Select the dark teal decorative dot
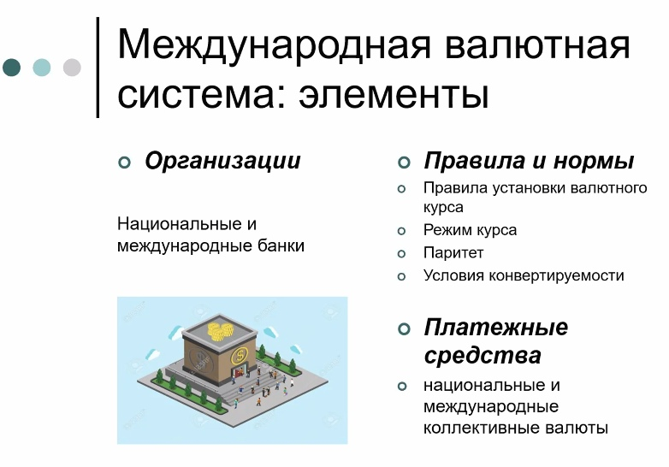(x=11, y=68)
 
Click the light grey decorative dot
(x=72, y=68)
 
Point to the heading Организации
(x=222, y=161)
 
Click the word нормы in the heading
(x=594, y=161)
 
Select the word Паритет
(x=453, y=253)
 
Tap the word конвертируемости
(x=556, y=275)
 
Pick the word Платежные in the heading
(x=496, y=328)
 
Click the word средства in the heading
(x=483, y=355)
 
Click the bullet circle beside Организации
(x=124, y=163)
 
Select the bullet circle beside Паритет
(x=401, y=254)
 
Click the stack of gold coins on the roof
(x=220, y=331)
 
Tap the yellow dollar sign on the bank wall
(x=240, y=355)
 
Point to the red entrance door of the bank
(x=239, y=372)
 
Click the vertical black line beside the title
(x=98, y=67)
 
